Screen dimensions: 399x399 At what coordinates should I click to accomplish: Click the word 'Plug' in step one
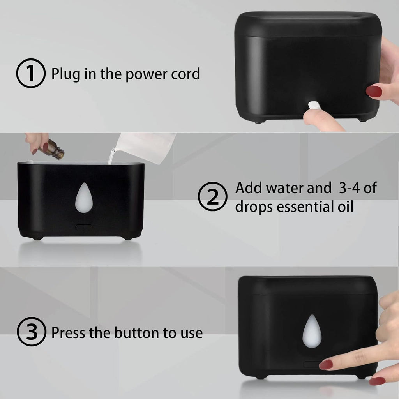[x=65, y=74]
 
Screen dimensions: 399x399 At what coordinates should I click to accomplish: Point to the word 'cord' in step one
[x=185, y=73]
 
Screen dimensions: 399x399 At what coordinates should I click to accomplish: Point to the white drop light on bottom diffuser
[x=312, y=331]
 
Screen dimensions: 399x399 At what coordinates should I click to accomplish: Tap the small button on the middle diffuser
[x=84, y=226]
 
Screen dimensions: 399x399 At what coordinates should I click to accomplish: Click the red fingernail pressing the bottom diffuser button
[x=326, y=364]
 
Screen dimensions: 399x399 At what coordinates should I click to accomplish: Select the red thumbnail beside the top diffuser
[x=374, y=91]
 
